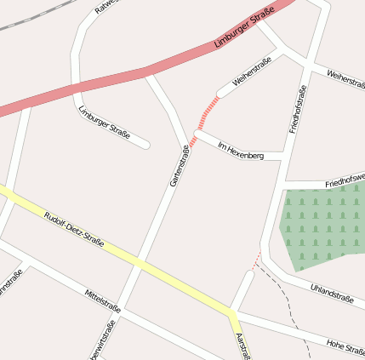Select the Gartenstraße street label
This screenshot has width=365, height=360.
click(180, 166)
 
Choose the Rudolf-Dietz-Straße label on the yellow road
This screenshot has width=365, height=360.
click(73, 229)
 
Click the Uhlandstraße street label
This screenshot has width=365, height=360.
click(332, 294)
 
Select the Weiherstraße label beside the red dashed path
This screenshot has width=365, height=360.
click(240, 76)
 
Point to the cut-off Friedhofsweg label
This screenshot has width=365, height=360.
click(344, 180)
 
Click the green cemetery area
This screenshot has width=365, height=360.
click(322, 223)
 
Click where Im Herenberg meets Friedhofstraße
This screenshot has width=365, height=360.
click(282, 159)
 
